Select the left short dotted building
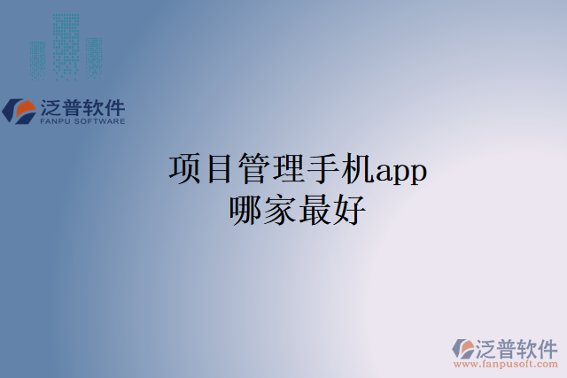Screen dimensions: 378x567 37,58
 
